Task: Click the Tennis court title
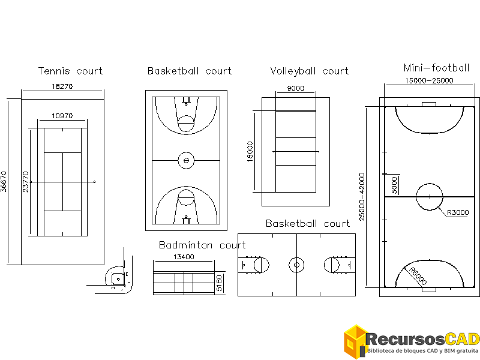pyautogui.click(x=70, y=71)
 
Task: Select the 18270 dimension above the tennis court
pyautogui.click(x=62, y=86)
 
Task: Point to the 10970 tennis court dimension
pyautogui.click(x=62, y=116)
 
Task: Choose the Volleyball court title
pyautogui.click(x=309, y=71)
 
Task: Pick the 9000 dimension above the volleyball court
pyautogui.click(x=295, y=88)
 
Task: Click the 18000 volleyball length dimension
pyautogui.click(x=250, y=152)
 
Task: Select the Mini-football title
pyautogui.click(x=436, y=68)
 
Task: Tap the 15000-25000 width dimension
pyautogui.click(x=429, y=80)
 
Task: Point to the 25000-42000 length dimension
pyautogui.click(x=361, y=196)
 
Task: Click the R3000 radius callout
pyautogui.click(x=457, y=212)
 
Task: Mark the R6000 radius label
pyautogui.click(x=418, y=277)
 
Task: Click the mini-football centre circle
pyautogui.click(x=429, y=197)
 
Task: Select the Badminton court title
pyautogui.click(x=202, y=245)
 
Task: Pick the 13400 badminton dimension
pyautogui.click(x=183, y=257)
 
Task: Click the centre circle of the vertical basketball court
pyautogui.click(x=186, y=160)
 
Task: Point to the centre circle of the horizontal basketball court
pyautogui.click(x=296, y=264)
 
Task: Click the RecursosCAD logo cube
pyautogui.click(x=355, y=342)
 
